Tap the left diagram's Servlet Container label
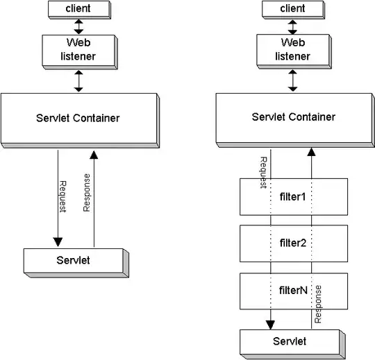click(78, 118)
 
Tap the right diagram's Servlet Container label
click(293, 117)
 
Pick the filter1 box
click(292, 197)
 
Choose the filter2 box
click(292, 243)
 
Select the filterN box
click(292, 291)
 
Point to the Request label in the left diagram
click(62, 197)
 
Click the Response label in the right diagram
click(318, 305)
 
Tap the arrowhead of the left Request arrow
click(57, 242)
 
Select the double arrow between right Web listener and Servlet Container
click(292, 80)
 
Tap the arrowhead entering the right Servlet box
click(270, 324)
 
